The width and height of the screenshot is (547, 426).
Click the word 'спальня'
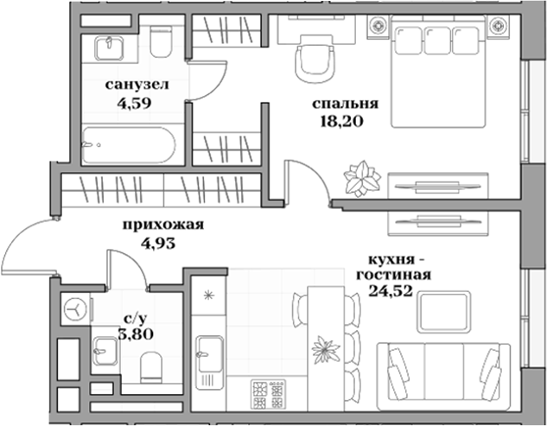coord(339,105)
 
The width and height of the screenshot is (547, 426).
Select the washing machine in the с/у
coord(77,308)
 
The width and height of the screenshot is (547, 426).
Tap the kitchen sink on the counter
coord(211,353)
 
